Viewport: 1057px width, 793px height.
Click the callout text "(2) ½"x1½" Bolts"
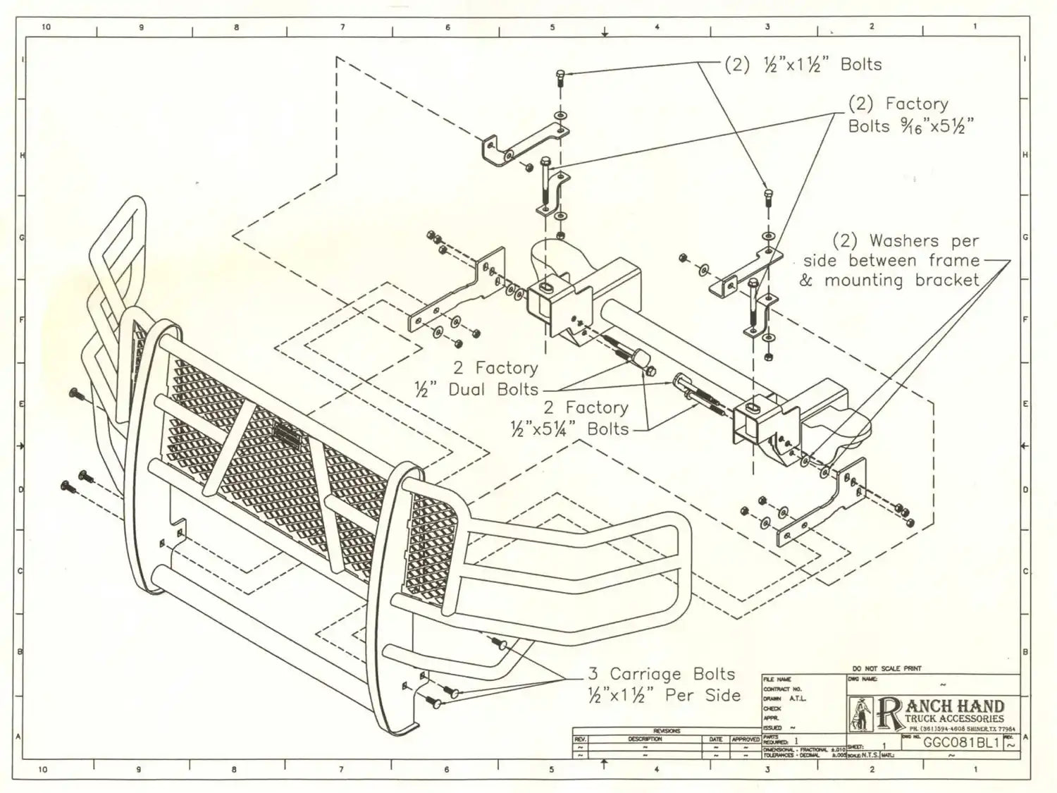click(803, 64)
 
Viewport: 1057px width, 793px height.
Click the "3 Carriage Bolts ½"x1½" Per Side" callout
click(664, 684)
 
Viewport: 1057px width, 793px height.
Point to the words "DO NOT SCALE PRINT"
click(886, 668)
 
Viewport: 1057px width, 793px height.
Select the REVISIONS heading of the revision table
click(666, 731)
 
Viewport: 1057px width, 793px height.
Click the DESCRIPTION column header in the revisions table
click(645, 739)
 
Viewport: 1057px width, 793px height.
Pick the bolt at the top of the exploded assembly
click(560, 76)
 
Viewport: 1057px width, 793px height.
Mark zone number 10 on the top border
click(47, 27)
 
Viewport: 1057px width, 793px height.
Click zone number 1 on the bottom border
click(976, 769)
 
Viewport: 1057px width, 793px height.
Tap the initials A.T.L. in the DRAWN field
click(797, 699)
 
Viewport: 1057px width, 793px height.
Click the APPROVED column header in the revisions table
click(746, 739)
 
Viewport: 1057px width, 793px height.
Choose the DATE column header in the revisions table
click(715, 739)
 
